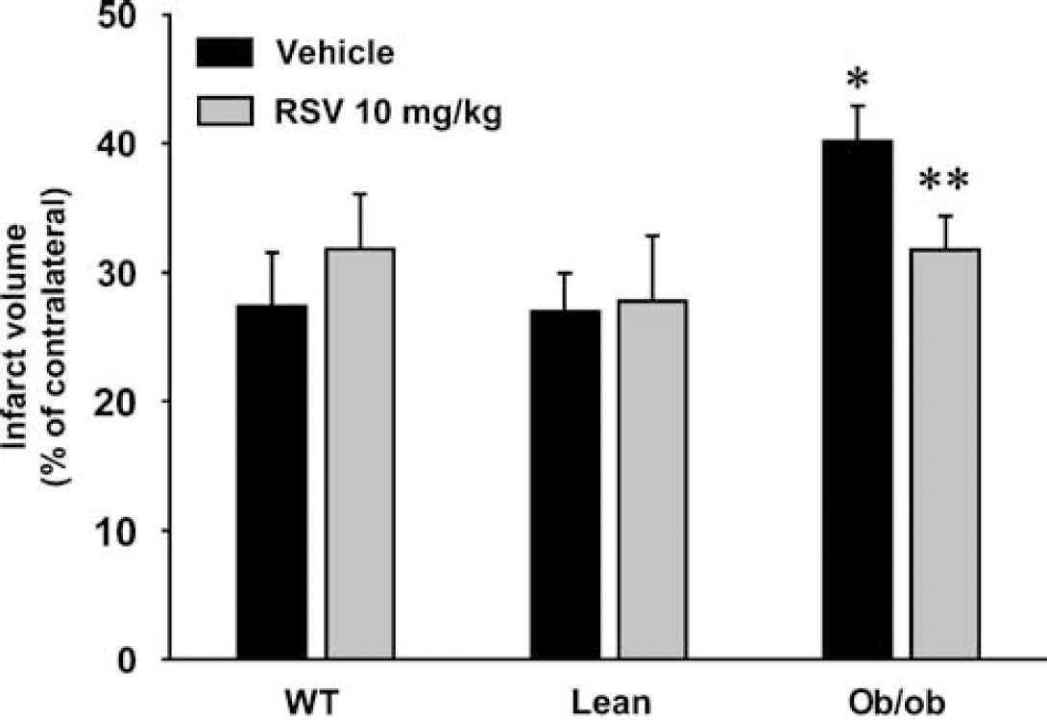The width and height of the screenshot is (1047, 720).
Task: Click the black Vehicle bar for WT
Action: pyautogui.click(x=272, y=482)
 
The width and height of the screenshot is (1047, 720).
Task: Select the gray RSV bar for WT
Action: pyautogui.click(x=360, y=454)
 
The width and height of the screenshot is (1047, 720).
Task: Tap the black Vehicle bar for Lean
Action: pyautogui.click(x=565, y=484)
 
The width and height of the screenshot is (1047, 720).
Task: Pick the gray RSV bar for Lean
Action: pyautogui.click(x=652, y=480)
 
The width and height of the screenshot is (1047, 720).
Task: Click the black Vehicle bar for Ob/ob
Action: pyautogui.click(x=858, y=400)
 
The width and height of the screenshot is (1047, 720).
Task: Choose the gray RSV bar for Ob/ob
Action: pyautogui.click(x=945, y=454)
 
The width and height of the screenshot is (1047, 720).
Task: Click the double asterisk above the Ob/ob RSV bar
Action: pyautogui.click(x=943, y=181)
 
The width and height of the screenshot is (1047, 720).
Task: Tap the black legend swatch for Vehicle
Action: pyautogui.click(x=225, y=52)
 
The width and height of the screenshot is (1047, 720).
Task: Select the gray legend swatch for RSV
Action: pyautogui.click(x=225, y=111)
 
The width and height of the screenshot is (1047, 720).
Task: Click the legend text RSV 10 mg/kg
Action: pyautogui.click(x=389, y=112)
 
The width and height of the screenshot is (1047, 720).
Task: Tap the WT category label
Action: pyautogui.click(x=312, y=703)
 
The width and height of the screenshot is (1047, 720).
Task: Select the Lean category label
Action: pyautogui.click(x=611, y=703)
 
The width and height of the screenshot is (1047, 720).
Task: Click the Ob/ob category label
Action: pyautogui.click(x=897, y=703)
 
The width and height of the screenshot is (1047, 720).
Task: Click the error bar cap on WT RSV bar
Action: pyautogui.click(x=360, y=194)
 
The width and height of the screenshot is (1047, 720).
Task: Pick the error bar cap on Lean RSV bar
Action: pyautogui.click(x=652, y=236)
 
